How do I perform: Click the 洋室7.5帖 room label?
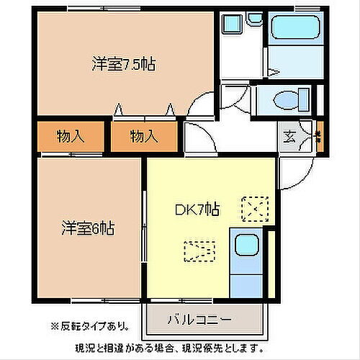124,64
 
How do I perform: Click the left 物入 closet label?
69,135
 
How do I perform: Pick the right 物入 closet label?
143,135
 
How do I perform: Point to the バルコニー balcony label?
199,318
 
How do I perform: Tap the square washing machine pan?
231,24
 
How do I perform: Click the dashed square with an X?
254,209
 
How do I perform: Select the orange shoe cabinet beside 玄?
318,134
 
